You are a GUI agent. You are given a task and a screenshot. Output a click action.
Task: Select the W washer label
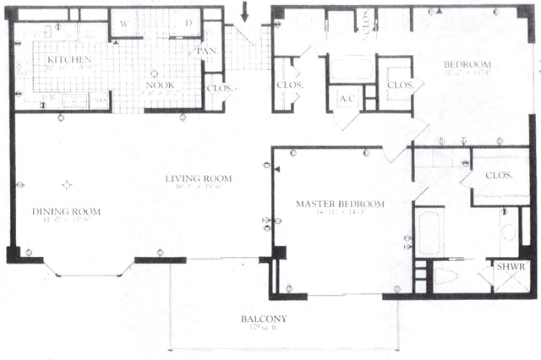point(124,23)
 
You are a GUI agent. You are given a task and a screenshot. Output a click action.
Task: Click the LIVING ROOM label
point(199,178)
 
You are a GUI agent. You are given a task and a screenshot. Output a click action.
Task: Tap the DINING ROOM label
point(66,210)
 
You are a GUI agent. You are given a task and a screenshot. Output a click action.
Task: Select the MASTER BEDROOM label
point(340,204)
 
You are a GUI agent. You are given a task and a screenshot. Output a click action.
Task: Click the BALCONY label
point(263,319)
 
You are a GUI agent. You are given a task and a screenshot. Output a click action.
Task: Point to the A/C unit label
point(347,99)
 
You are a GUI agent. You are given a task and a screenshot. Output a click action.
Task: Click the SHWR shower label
point(510,266)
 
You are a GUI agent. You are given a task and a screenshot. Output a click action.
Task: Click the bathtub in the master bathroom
point(429,232)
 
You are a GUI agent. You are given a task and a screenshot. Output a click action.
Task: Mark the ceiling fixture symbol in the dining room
point(67,184)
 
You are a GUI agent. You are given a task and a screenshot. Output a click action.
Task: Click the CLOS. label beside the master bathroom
point(500,176)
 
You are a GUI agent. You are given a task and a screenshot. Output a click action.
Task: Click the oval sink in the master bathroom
point(509,230)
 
